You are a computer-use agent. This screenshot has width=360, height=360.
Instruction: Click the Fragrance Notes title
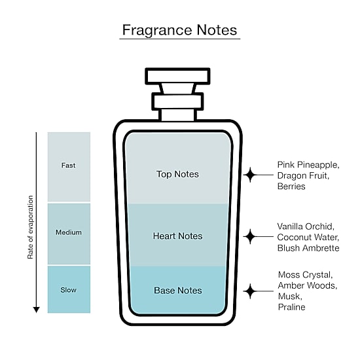[179, 30]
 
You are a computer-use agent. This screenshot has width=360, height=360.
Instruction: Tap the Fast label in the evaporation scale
[68, 166]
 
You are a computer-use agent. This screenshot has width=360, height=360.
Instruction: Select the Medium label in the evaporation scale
[69, 232]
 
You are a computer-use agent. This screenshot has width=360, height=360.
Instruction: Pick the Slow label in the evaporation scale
[69, 290]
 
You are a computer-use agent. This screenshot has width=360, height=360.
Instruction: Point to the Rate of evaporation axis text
[30, 227]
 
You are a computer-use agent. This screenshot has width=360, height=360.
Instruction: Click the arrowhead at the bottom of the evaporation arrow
[36, 310]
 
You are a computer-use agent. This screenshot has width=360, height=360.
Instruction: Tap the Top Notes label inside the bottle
[177, 174]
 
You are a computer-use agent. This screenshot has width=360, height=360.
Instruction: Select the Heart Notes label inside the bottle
[177, 236]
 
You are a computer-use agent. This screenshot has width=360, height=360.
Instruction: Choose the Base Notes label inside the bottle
[178, 291]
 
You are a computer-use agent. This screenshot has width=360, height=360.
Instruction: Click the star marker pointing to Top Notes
[250, 175]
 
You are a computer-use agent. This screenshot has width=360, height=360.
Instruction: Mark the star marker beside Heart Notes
[250, 236]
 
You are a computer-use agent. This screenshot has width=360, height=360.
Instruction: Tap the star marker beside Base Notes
[250, 291]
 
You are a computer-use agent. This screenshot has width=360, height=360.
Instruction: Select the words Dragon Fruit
[303, 175]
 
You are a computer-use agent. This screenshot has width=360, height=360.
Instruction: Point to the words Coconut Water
[308, 237]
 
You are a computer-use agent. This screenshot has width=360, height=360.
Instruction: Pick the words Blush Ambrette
[308, 248]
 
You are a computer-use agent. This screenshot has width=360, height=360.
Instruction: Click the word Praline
[291, 307]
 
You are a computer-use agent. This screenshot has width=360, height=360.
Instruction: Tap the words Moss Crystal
[305, 275]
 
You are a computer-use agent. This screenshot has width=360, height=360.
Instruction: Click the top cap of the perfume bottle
[177, 76]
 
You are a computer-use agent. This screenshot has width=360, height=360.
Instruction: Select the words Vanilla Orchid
[306, 226]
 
